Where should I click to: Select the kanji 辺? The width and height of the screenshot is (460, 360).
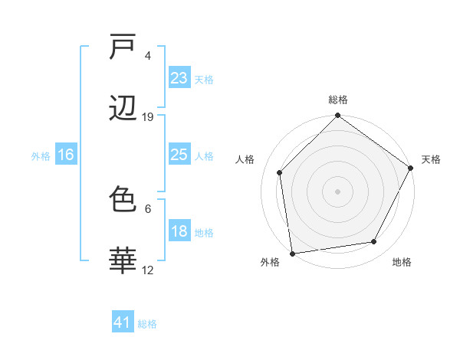tap(123, 110)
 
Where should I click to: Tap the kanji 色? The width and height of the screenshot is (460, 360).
tap(123, 201)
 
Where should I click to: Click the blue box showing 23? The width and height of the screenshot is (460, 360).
tap(179, 78)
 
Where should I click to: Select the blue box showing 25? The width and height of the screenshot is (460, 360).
tap(179, 155)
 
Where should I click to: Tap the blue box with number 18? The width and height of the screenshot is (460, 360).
tap(179, 231)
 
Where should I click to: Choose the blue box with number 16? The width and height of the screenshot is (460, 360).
tap(66, 155)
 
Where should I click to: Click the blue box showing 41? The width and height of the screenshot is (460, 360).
tap(123, 322)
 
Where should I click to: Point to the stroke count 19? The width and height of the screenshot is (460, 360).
tap(148, 117)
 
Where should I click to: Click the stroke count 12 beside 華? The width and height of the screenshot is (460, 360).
tap(148, 270)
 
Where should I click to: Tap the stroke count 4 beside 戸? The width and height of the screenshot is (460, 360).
tap(148, 56)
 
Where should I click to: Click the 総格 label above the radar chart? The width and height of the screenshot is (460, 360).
tap(338, 100)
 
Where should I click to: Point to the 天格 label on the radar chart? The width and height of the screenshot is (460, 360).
tap(432, 159)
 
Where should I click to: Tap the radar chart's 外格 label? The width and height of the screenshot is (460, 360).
tap(270, 263)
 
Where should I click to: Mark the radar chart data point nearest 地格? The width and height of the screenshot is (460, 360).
tap(374, 242)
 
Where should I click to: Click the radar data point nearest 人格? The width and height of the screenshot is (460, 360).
tap(280, 172)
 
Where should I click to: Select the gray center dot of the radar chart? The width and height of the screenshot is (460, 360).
tap(337, 191)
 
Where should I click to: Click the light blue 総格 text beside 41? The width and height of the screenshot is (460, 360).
tap(147, 324)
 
